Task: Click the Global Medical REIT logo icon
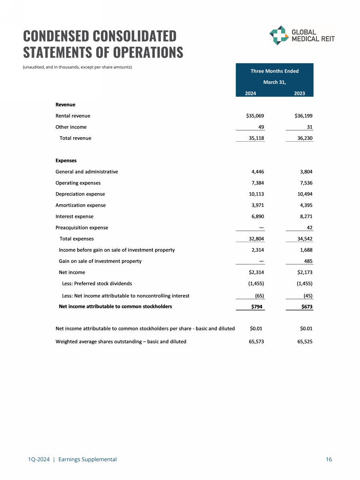(x=278, y=35)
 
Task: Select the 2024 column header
(x=250, y=93)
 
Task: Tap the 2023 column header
(x=299, y=93)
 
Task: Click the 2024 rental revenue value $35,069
(x=255, y=116)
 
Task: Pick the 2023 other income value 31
(x=309, y=127)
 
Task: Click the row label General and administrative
(x=86, y=172)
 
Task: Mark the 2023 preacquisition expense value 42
(x=309, y=228)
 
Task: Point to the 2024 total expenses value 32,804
(x=255, y=239)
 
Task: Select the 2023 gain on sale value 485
(x=308, y=262)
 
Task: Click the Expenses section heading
(x=66, y=161)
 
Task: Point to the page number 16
(x=329, y=460)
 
